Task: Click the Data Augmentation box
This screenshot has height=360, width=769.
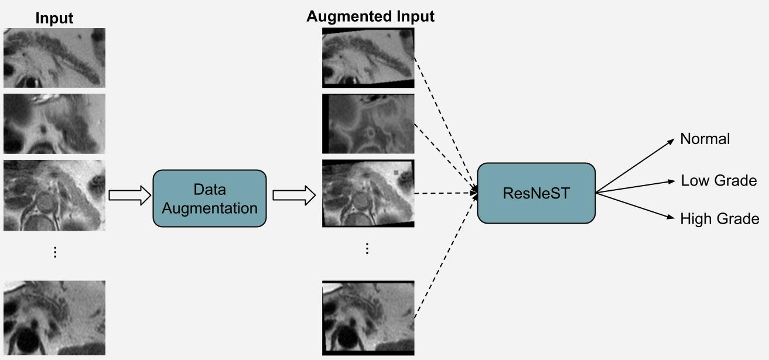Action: coord(209,198)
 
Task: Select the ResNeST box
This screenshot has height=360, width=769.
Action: coord(536,193)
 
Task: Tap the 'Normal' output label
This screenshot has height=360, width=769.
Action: coord(705,139)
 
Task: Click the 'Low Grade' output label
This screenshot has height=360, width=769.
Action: coord(719,181)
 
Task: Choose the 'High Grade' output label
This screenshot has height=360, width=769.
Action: coord(719,219)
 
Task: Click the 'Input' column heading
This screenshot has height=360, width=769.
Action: coord(54,18)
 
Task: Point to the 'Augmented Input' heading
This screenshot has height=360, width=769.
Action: coord(370,16)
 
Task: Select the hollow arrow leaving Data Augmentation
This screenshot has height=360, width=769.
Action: coord(293,196)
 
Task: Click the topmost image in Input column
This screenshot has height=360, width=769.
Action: coord(54,57)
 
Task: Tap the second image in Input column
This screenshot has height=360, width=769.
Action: coord(54,124)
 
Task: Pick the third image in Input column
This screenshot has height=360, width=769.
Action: coord(54,195)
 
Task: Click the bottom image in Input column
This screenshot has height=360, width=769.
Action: coord(54,318)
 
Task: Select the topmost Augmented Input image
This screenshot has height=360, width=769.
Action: coord(368,58)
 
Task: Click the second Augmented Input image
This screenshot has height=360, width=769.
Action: coord(368,124)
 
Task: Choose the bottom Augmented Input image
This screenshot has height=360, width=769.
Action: coord(368,318)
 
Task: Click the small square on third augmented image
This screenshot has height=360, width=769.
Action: coord(397,173)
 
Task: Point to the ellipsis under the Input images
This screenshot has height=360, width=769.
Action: coord(55,252)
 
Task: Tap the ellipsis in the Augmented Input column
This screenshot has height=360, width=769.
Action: coord(367,249)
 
